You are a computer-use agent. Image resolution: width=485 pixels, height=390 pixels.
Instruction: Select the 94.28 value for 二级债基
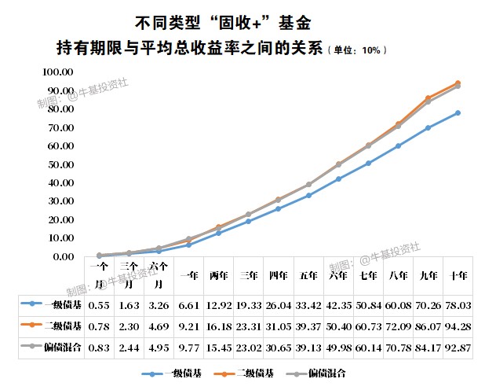click(x=458, y=325)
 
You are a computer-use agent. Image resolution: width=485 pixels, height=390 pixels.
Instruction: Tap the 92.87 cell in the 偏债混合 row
click(x=458, y=345)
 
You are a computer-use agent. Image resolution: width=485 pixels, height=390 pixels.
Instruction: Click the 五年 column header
click(x=308, y=276)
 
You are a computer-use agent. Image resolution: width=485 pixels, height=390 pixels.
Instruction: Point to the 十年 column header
click(x=458, y=276)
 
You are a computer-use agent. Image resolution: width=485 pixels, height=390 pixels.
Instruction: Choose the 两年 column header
click(x=219, y=276)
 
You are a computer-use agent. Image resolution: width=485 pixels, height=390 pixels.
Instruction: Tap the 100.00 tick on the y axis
click(x=57, y=72)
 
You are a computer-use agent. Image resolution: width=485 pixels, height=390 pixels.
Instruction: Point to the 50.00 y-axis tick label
click(x=60, y=164)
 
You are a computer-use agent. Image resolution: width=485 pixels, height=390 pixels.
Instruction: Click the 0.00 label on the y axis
click(x=62, y=256)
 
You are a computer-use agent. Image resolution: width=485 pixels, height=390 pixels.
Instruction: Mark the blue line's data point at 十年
click(x=458, y=112)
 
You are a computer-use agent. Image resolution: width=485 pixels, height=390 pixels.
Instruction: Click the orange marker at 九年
click(x=428, y=98)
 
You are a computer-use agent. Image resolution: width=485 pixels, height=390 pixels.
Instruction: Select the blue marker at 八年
click(x=398, y=145)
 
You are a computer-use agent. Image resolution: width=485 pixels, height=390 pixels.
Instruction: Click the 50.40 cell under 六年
click(x=338, y=325)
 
